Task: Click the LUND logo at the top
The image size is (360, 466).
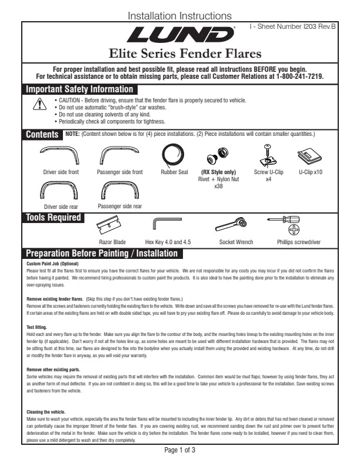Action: tap(180, 35)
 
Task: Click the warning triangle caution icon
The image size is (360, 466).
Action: tap(39, 105)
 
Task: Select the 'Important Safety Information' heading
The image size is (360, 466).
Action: tap(79, 89)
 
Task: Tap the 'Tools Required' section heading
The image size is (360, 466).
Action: tap(53, 218)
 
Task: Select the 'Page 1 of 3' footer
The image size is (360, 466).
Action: tap(180, 450)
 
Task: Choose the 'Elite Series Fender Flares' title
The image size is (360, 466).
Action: tap(180, 55)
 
